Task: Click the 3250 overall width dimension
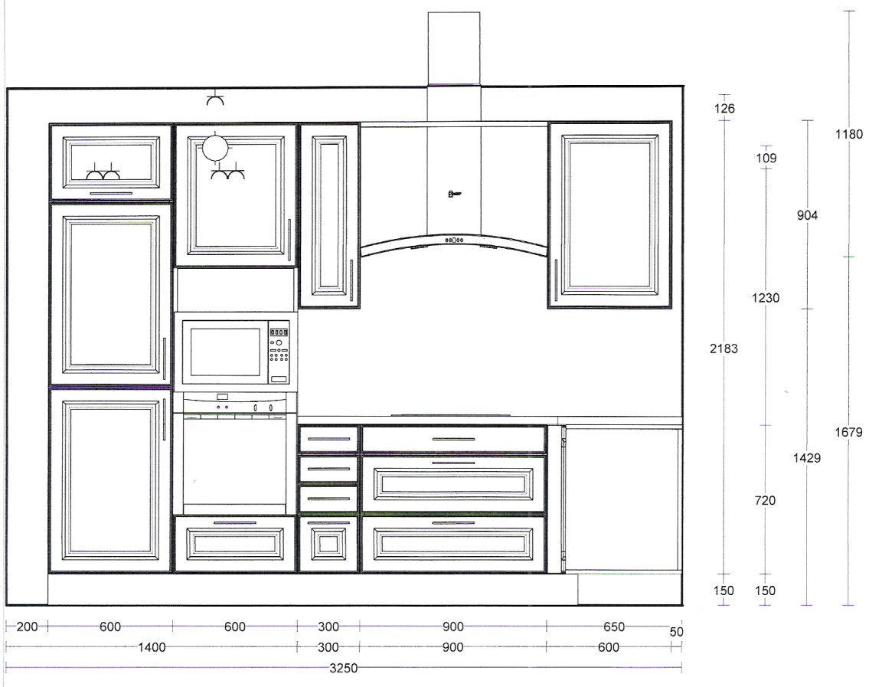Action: [x=344, y=668]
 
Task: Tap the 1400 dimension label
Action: [x=152, y=647]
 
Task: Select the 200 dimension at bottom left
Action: [x=27, y=626]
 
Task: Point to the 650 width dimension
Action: [x=614, y=626]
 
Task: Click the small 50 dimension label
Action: [x=676, y=632]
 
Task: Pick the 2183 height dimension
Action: [x=724, y=348]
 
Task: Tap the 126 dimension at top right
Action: [x=724, y=109]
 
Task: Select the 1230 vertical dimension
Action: [x=766, y=298]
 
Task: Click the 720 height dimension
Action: [x=765, y=500]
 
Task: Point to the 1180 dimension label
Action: [x=849, y=133]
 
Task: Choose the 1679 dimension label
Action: [x=848, y=432]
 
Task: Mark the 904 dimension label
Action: [x=807, y=215]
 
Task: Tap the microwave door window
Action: [x=225, y=352]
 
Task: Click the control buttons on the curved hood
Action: [x=454, y=240]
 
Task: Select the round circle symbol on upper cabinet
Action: [x=214, y=148]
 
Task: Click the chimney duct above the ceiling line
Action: [x=454, y=49]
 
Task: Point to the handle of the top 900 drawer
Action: [x=453, y=439]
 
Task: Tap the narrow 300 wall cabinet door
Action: [x=329, y=215]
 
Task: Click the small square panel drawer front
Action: [x=328, y=544]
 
